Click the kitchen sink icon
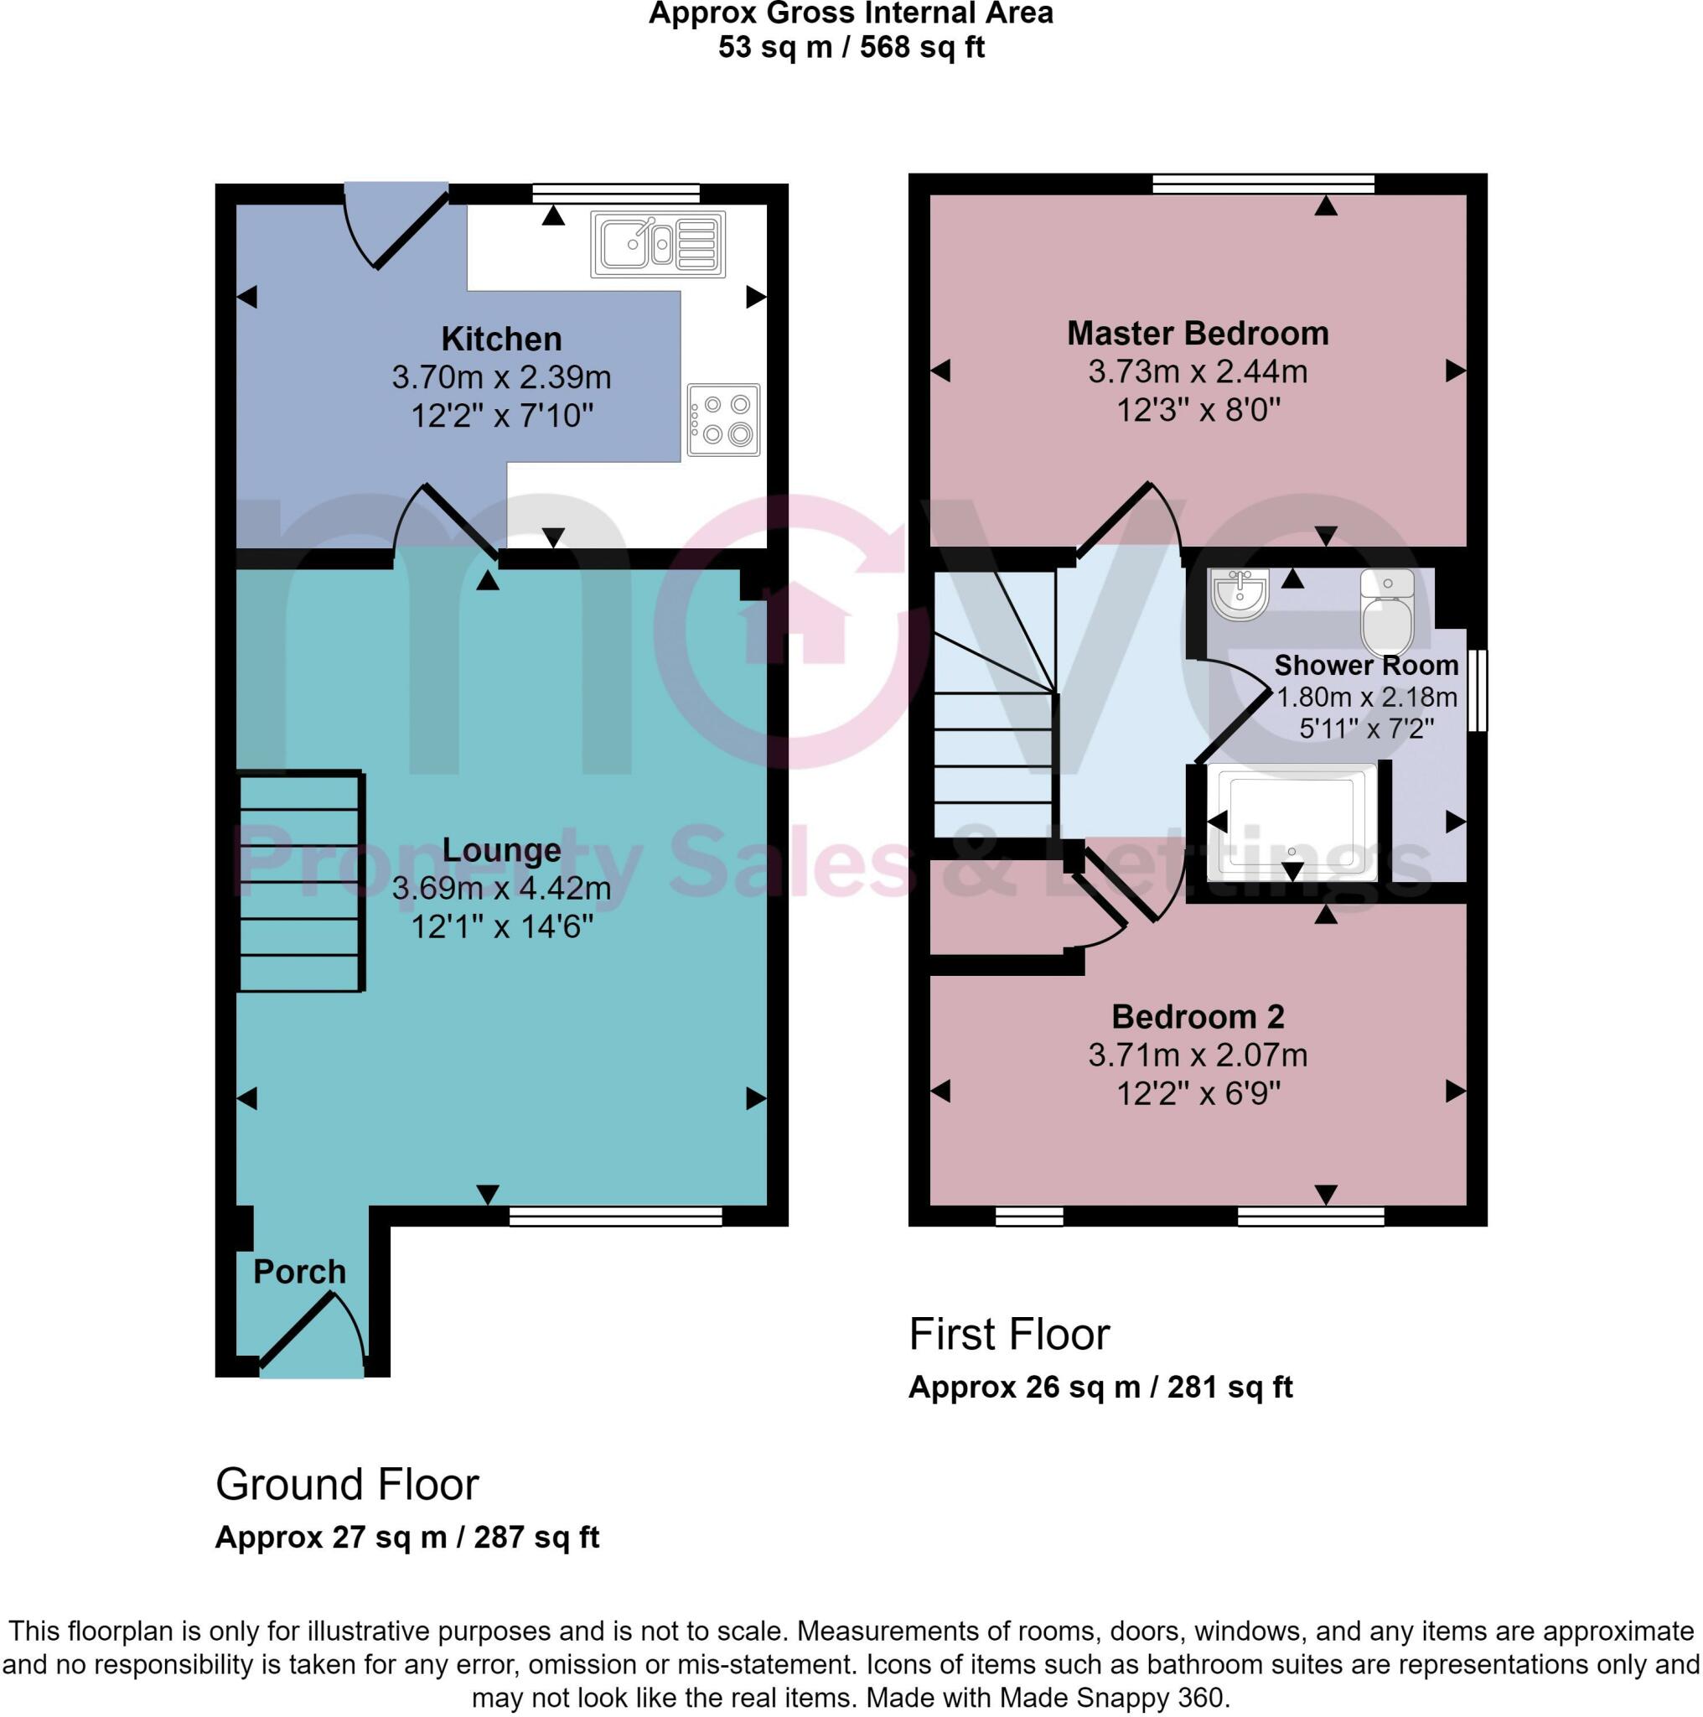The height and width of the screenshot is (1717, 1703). (657, 243)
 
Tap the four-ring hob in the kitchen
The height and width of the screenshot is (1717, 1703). (723, 419)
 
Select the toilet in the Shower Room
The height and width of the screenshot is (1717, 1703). (1387, 611)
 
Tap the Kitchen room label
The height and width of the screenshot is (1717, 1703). (501, 339)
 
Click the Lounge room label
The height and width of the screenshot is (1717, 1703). (501, 850)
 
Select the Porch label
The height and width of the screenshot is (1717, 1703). (299, 1272)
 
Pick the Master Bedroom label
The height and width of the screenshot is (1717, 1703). (1198, 334)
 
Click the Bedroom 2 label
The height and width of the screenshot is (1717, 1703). (1198, 1017)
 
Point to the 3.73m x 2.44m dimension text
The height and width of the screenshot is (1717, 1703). (1198, 371)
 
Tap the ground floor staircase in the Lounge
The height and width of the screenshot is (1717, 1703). (301, 881)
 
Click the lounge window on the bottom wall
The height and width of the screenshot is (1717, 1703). (616, 1216)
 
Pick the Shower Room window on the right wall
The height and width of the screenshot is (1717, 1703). (1477, 691)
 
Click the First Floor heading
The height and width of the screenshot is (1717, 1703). (1009, 1334)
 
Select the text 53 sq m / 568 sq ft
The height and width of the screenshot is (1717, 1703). (851, 47)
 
